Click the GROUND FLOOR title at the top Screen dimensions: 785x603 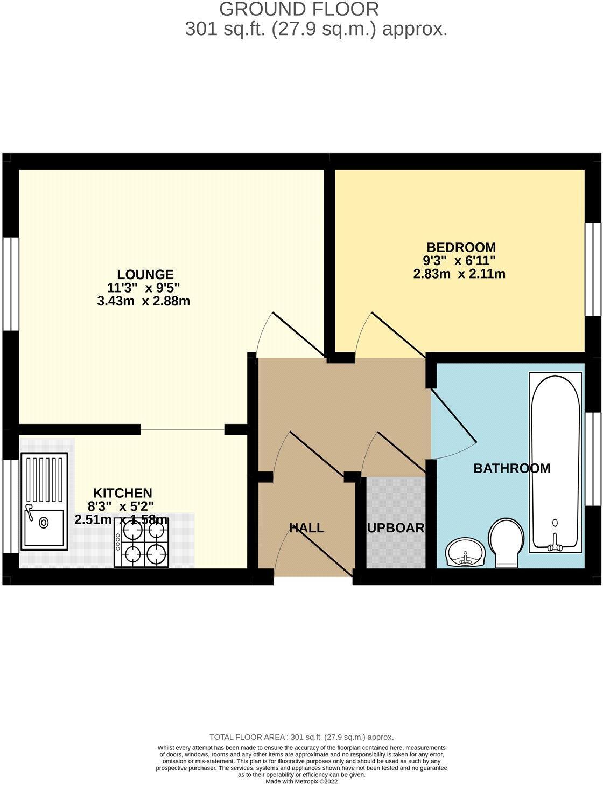click(299, 9)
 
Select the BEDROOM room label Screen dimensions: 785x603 click(461, 247)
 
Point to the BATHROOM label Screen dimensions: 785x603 click(511, 468)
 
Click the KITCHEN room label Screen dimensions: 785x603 click(123, 493)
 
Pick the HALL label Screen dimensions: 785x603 click(307, 528)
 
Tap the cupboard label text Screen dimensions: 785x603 click(396, 528)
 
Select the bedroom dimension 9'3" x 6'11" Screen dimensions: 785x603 click(459, 261)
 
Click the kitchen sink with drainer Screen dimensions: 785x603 click(44, 501)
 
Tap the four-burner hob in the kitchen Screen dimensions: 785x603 click(141, 543)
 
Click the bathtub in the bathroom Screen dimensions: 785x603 click(556, 463)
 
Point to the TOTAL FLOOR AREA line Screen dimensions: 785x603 click(301, 737)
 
